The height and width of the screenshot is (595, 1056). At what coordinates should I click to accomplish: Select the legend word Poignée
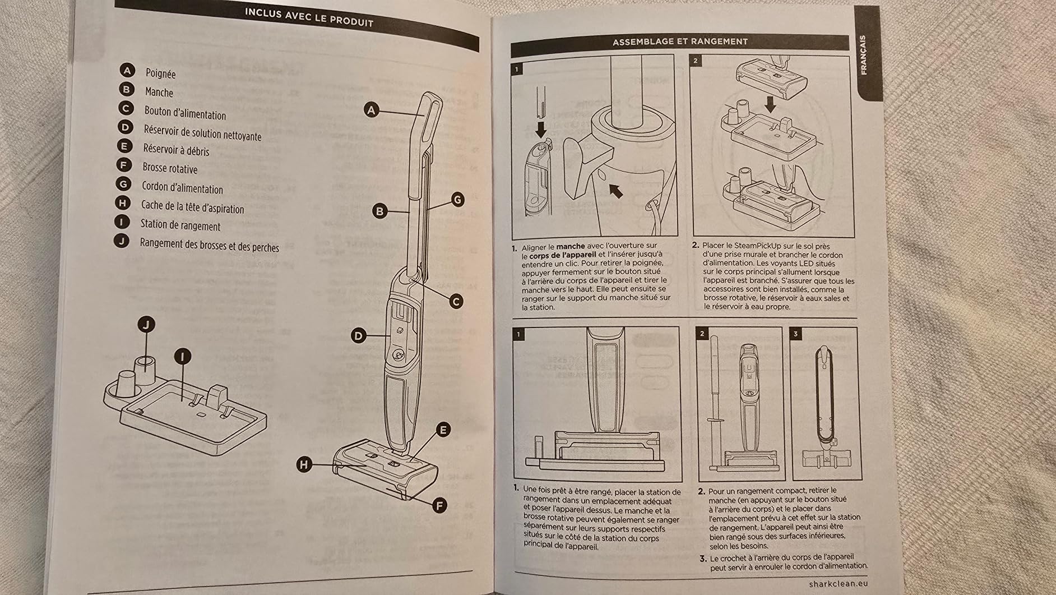pyautogui.click(x=160, y=73)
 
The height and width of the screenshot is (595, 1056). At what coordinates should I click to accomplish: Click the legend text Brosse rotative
pyautogui.click(x=170, y=168)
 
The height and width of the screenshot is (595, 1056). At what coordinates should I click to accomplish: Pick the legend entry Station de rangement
pyautogui.click(x=180, y=225)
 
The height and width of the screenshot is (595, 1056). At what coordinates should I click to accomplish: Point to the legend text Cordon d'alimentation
pyautogui.click(x=182, y=188)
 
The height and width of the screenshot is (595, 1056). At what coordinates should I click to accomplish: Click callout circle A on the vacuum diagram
pyautogui.click(x=372, y=110)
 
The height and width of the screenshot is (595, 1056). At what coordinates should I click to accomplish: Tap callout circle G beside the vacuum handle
pyautogui.click(x=457, y=199)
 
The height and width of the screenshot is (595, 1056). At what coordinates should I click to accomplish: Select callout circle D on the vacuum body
pyautogui.click(x=359, y=336)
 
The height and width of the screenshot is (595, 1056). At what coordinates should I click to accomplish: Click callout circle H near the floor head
pyautogui.click(x=304, y=464)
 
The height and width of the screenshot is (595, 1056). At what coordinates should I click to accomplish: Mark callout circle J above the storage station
pyautogui.click(x=146, y=324)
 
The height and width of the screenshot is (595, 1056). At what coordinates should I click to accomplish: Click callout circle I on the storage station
pyautogui.click(x=183, y=356)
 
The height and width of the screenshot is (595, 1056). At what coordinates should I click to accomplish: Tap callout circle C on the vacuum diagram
pyautogui.click(x=456, y=301)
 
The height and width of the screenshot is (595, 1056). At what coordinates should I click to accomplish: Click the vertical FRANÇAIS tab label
pyautogui.click(x=863, y=54)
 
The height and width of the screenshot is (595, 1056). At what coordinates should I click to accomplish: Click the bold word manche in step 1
pyautogui.click(x=571, y=246)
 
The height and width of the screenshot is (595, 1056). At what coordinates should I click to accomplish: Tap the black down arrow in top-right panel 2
pyautogui.click(x=770, y=104)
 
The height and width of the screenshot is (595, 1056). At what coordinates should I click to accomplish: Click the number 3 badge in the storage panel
pyautogui.click(x=795, y=334)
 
